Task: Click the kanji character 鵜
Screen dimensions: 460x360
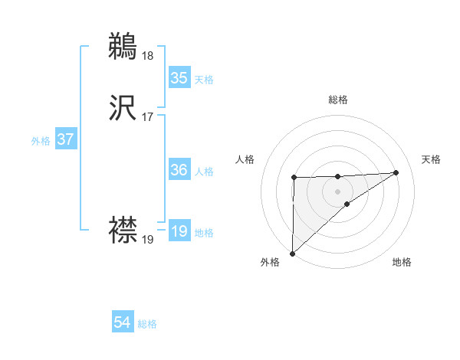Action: pyautogui.click(x=123, y=46)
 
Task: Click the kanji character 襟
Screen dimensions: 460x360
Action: pyautogui.click(x=123, y=228)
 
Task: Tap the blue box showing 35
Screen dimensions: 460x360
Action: pyautogui.click(x=179, y=77)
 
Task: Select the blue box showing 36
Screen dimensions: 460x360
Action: pyautogui.click(x=179, y=170)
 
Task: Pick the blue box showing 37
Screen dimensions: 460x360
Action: pyautogui.click(x=66, y=139)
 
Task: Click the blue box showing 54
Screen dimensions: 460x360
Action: pyautogui.click(x=123, y=322)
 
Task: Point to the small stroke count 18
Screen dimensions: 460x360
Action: pyautogui.click(x=147, y=55)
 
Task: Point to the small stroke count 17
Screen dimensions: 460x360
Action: pyautogui.click(x=147, y=118)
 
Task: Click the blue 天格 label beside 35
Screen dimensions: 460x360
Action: pyautogui.click(x=204, y=79)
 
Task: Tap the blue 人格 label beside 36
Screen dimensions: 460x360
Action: pyautogui.click(x=204, y=172)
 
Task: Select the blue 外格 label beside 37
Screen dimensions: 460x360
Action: pyautogui.click(x=41, y=141)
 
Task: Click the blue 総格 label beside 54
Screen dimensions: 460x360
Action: pyautogui.click(x=147, y=324)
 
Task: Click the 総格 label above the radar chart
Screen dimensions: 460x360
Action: pyautogui.click(x=338, y=100)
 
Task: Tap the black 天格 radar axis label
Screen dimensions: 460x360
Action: pyautogui.click(x=432, y=159)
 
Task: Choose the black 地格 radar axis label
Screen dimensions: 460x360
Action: pyautogui.click(x=402, y=262)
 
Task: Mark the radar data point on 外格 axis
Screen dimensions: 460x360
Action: pyautogui.click(x=292, y=253)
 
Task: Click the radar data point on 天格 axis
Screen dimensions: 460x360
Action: pyautogui.click(x=396, y=172)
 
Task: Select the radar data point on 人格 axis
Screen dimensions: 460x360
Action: pyautogui.click(x=294, y=178)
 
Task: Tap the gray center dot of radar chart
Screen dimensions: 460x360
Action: pyautogui.click(x=337, y=191)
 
